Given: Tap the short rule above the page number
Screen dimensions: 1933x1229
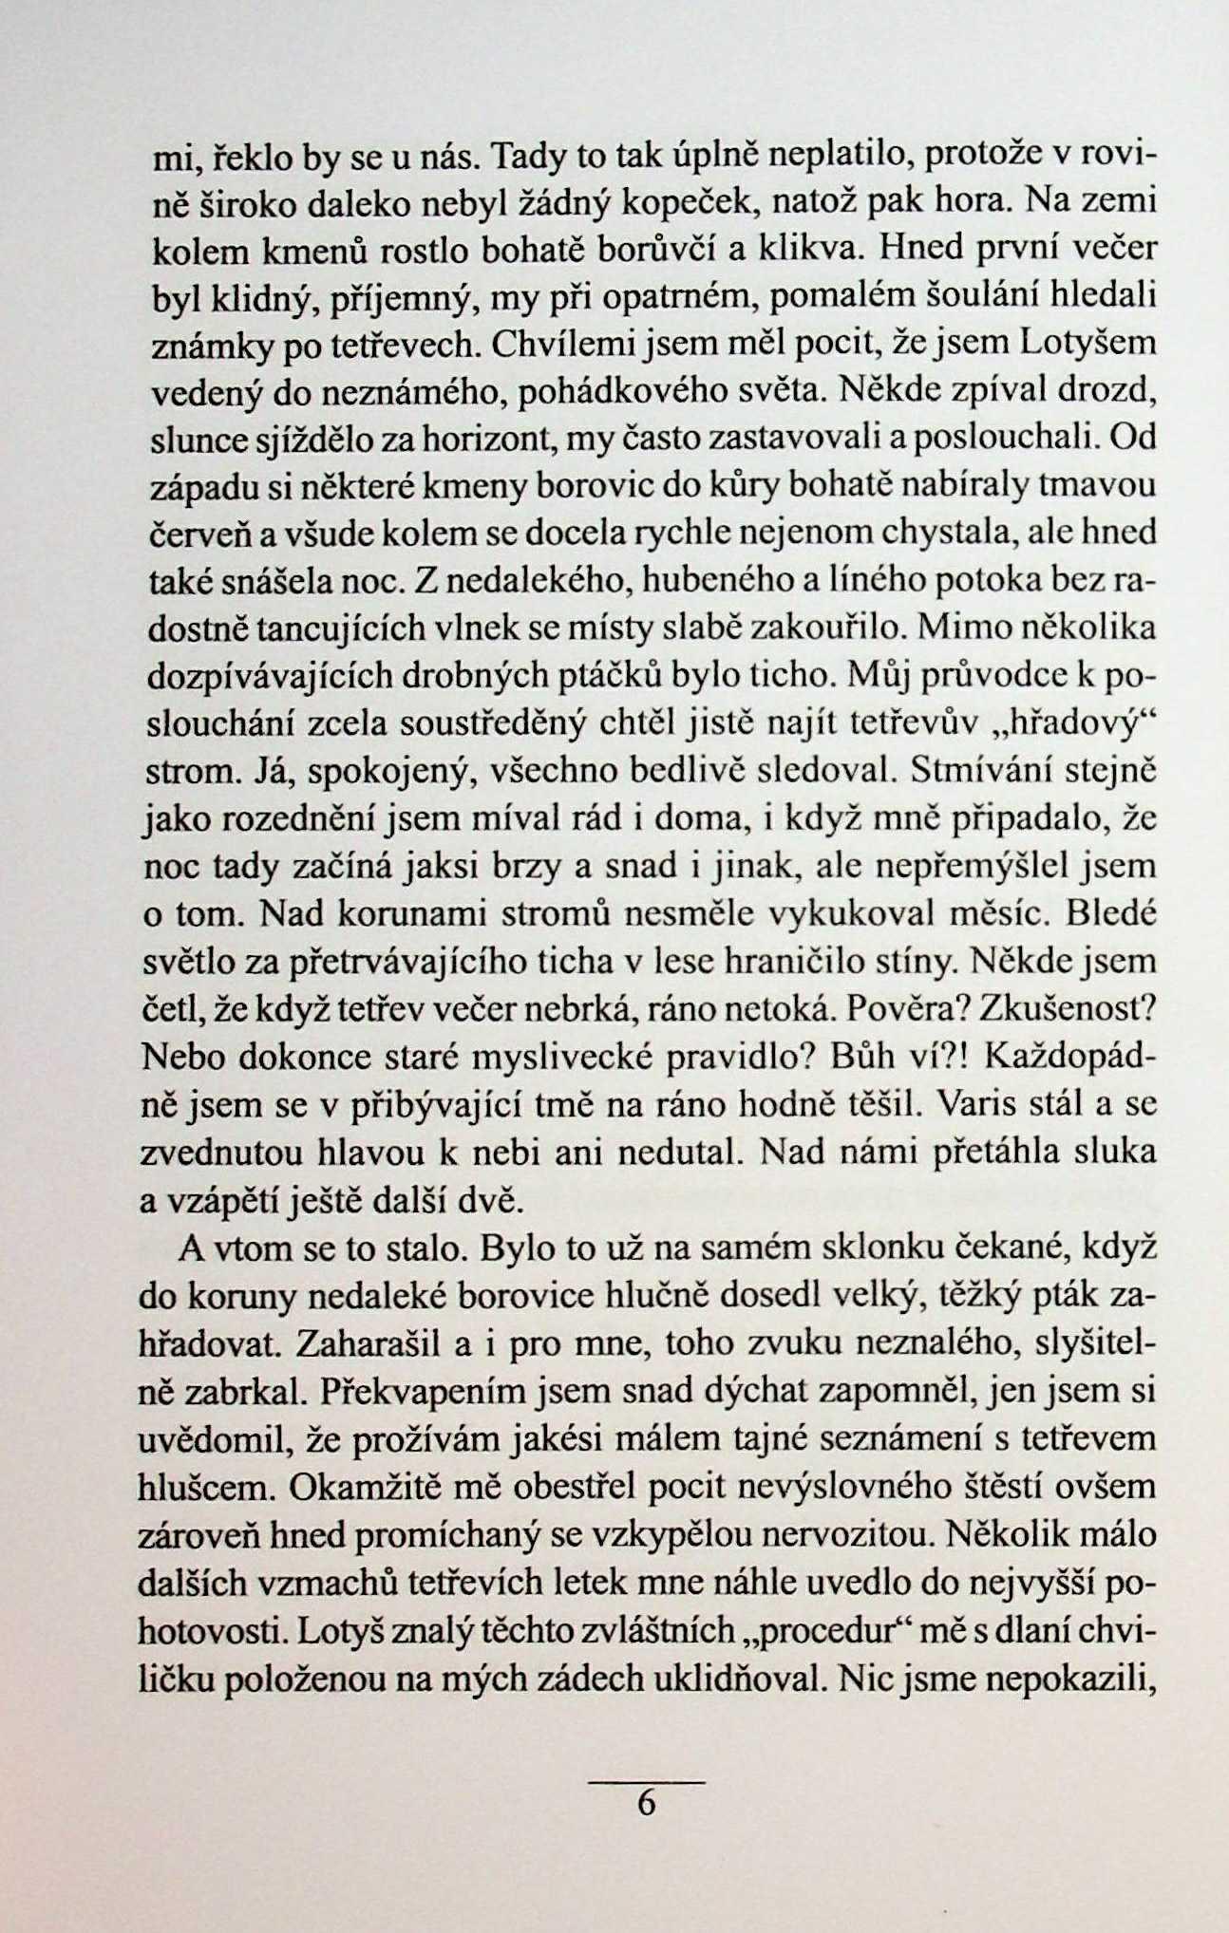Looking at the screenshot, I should click(646, 1782).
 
